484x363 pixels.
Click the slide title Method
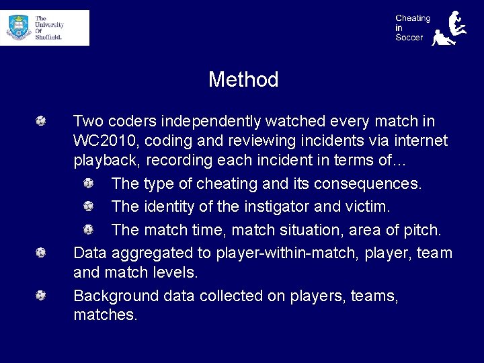243,79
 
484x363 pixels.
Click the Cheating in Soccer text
412,28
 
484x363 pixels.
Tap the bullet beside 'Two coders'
41,121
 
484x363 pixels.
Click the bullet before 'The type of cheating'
89,183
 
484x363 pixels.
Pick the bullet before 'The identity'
89,206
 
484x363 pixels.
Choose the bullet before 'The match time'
89,229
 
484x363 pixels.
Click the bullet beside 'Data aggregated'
41,253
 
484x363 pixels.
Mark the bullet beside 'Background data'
41,295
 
